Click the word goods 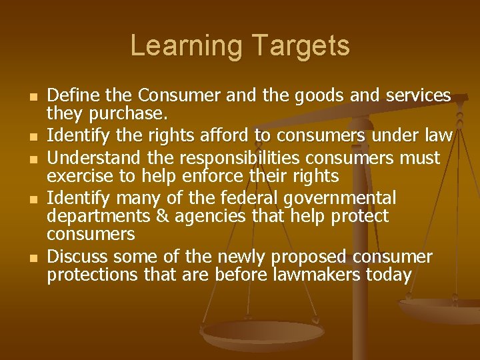pyautogui.click(x=314, y=96)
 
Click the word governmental pyautogui.click(x=340, y=198)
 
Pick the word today pyautogui.click(x=390, y=275)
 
